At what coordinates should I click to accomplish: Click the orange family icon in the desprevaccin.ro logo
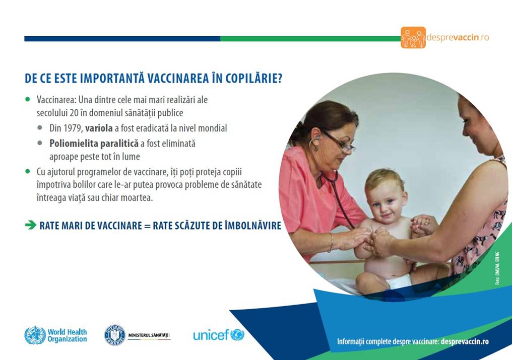click(413, 38)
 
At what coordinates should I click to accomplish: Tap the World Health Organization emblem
click(35, 335)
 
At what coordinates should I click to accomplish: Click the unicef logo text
click(211, 335)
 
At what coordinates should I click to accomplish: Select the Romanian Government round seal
click(114, 335)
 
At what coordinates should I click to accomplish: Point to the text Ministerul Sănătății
click(149, 335)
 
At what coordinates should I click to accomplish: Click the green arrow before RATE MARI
click(31, 225)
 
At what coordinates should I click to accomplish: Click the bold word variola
click(99, 128)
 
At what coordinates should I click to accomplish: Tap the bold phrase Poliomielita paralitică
click(94, 143)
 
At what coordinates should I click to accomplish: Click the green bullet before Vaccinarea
click(28, 99)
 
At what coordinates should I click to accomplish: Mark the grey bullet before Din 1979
click(40, 127)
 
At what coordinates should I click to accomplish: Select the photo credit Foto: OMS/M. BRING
click(497, 268)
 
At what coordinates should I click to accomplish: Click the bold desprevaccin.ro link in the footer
click(465, 341)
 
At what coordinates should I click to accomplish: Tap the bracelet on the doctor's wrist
click(332, 242)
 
